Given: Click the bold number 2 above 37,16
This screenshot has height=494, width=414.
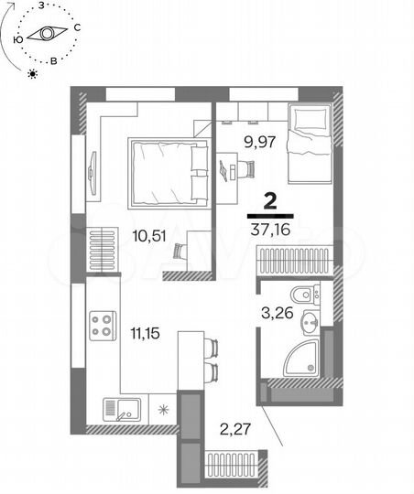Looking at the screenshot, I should (x=271, y=200).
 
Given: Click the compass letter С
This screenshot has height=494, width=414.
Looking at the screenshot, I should (x=77, y=27).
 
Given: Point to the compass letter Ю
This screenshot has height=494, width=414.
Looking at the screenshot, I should (x=17, y=40).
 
